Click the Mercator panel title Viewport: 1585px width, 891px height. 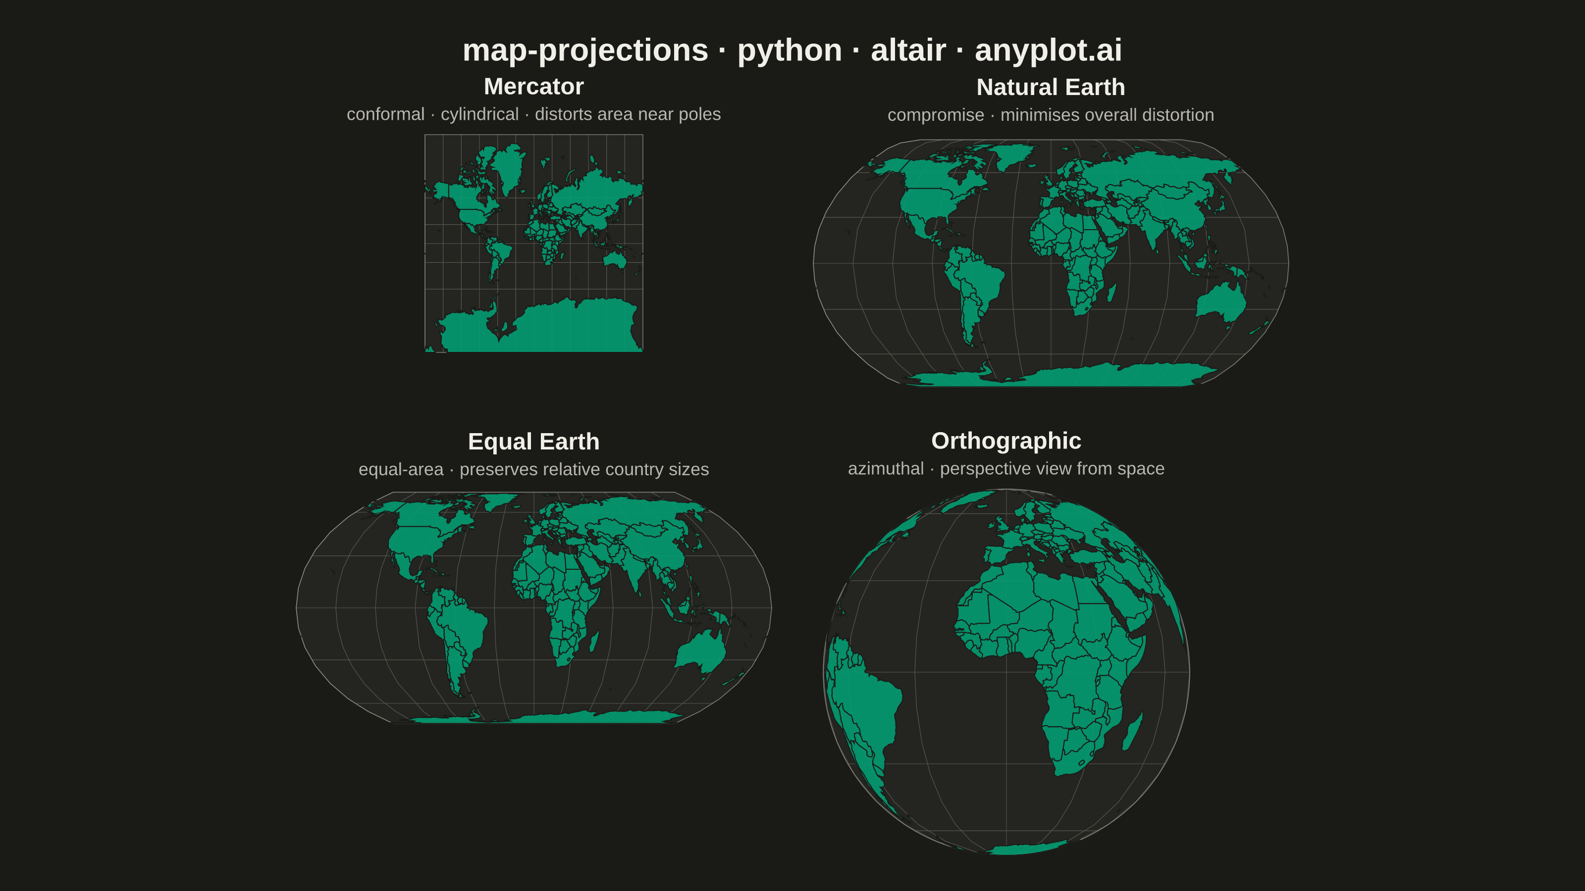(x=533, y=87)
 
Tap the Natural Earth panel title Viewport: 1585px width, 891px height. (x=1050, y=87)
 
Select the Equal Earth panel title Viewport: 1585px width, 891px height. (x=533, y=442)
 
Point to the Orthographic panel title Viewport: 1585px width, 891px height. (x=1006, y=441)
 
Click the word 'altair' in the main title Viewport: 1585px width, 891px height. (x=908, y=50)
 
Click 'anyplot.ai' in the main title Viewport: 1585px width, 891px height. (x=1049, y=50)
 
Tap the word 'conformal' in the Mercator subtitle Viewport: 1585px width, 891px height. (x=386, y=114)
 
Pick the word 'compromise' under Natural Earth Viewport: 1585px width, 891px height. (x=936, y=115)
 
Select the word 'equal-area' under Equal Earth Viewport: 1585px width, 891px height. (x=401, y=469)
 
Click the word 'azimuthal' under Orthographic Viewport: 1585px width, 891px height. (x=886, y=469)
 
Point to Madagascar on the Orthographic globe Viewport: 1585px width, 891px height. (x=1133, y=731)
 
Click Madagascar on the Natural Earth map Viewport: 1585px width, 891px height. (x=1112, y=292)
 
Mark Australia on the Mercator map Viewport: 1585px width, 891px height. (x=615, y=260)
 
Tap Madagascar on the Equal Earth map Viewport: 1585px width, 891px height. (x=594, y=642)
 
